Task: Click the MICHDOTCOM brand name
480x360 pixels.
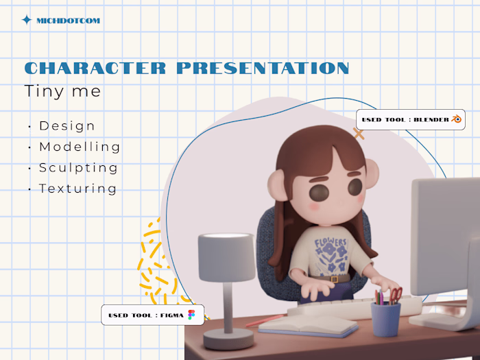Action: [x=68, y=21]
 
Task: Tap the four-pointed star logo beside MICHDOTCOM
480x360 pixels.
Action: [x=27, y=20]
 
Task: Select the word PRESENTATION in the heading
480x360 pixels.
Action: [x=263, y=68]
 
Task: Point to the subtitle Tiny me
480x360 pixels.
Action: [x=62, y=91]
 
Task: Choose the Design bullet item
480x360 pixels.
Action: [x=67, y=126]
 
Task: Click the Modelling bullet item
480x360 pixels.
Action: [x=80, y=147]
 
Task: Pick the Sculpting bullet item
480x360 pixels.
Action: [x=78, y=167]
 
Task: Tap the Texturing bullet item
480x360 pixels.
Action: [x=77, y=189]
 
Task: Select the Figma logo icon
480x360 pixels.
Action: [x=191, y=315]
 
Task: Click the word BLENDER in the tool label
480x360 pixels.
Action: [x=431, y=119]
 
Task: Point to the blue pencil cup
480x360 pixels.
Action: [x=385, y=319]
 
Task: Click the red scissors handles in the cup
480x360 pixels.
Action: [x=396, y=295]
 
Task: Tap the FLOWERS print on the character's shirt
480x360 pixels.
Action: [x=332, y=243]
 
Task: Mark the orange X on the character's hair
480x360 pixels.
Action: [x=359, y=134]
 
